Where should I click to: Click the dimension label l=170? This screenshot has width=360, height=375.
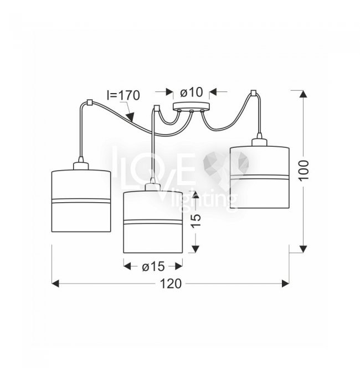[123, 95]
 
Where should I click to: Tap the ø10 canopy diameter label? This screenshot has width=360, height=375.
[192, 92]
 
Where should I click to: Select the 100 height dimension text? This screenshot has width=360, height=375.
[304, 171]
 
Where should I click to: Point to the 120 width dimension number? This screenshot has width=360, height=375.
[171, 284]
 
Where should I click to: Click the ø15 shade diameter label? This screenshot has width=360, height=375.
[153, 266]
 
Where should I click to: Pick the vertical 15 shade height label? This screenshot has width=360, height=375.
[196, 221]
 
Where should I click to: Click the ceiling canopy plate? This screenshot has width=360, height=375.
[192, 107]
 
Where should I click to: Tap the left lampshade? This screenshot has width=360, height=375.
[81, 201]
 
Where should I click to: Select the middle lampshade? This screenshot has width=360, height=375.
[153, 222]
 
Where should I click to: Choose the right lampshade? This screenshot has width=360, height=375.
[260, 177]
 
